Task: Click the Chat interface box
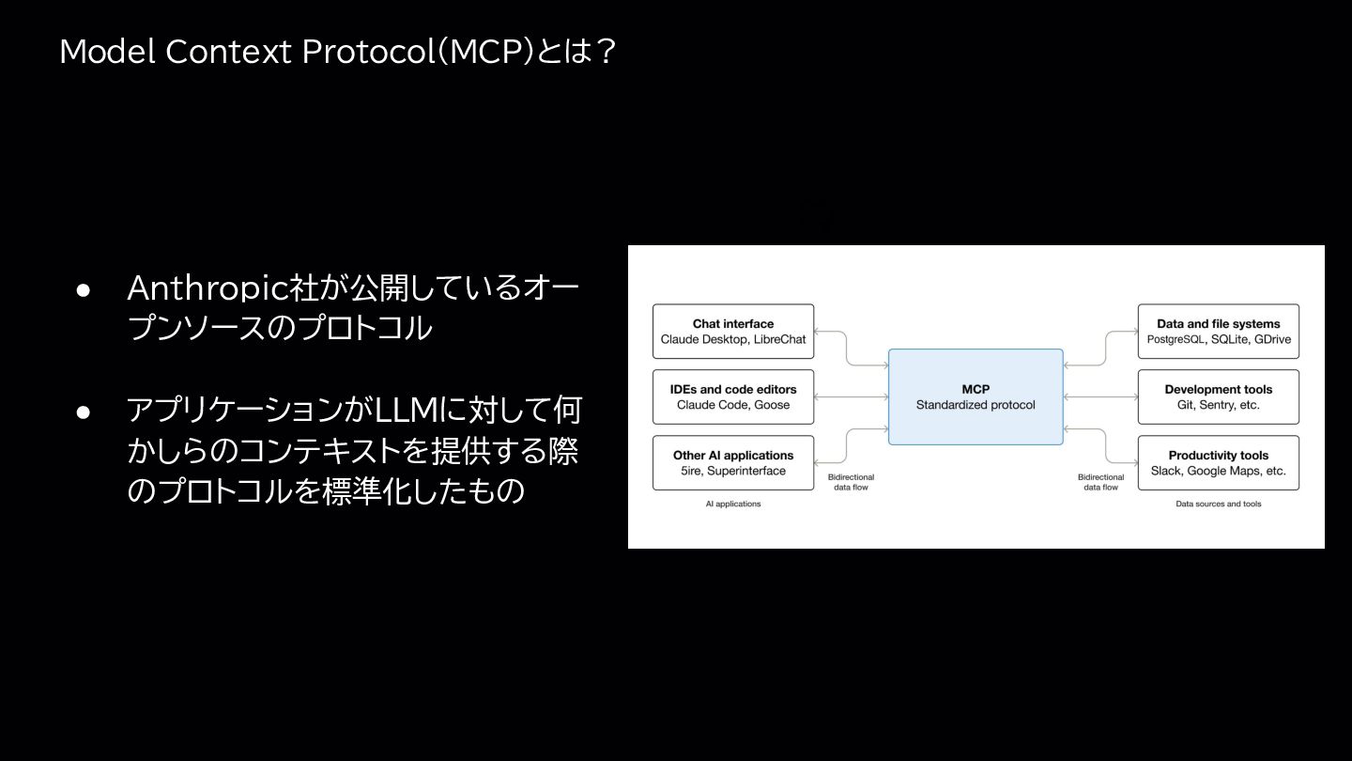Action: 733,331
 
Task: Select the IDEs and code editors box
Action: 733,396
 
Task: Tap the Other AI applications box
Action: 733,462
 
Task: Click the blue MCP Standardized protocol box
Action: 976,396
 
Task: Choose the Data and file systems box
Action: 1218,331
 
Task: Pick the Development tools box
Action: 1218,396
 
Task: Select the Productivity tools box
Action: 1218,462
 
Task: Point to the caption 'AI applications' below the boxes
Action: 733,505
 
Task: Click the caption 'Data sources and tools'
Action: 1219,505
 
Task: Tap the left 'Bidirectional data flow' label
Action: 851,482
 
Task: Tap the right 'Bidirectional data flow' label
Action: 1100,482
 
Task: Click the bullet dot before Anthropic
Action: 83,290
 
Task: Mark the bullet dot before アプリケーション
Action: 83,412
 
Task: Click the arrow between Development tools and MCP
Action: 1100,396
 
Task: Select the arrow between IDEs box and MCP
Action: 851,396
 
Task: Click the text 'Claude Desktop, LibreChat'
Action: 733,339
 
